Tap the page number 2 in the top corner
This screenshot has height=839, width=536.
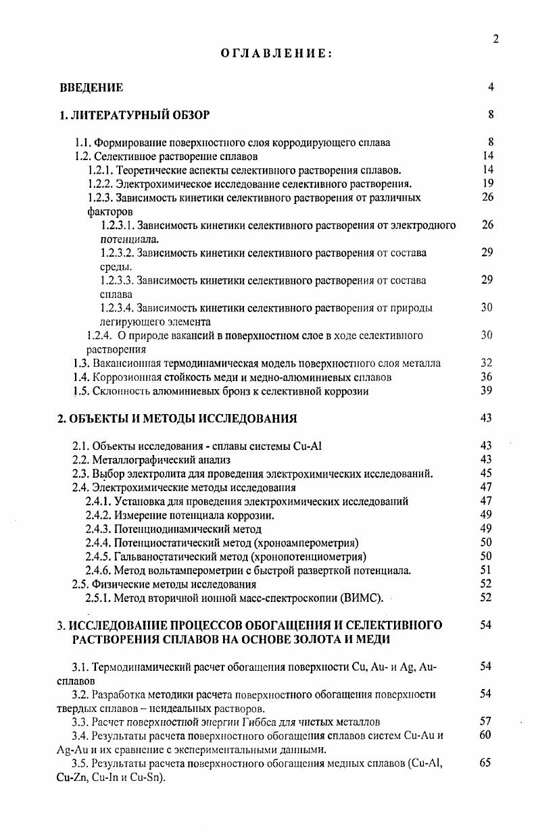(495, 39)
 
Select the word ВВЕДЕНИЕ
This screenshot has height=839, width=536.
(91, 87)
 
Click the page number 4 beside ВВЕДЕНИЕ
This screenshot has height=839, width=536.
(491, 87)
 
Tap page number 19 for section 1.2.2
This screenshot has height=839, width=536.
(488, 183)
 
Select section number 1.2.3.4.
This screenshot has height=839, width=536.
(117, 307)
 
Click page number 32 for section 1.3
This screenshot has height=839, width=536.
(485, 363)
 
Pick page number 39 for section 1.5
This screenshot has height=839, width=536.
(485, 390)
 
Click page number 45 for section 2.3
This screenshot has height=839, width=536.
(485, 473)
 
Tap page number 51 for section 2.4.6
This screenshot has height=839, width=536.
(485, 570)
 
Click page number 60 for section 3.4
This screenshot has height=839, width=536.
(485, 735)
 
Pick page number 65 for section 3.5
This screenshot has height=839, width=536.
(485, 763)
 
